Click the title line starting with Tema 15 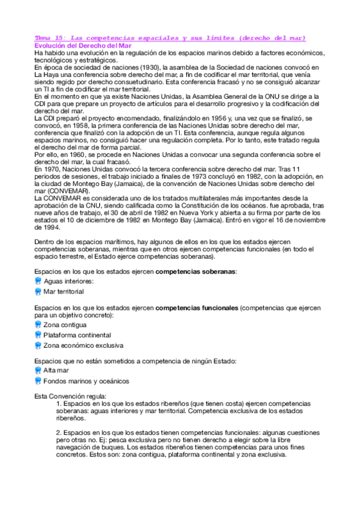[170, 38]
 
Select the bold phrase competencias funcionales [197, 307]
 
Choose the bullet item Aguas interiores [69, 281]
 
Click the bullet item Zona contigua [65, 325]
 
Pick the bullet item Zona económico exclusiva [83, 346]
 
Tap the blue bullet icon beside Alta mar [38, 370]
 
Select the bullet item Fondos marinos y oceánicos [86, 381]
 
